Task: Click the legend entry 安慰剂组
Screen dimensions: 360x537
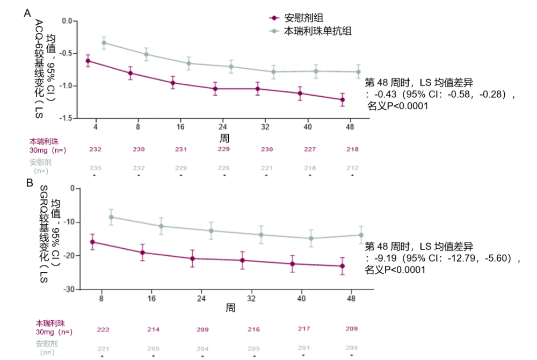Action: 304,18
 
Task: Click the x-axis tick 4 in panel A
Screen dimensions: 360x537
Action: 96,127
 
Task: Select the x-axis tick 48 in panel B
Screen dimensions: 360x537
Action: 352,298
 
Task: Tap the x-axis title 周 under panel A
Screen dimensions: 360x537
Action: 224,138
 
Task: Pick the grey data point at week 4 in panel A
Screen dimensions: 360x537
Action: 104,42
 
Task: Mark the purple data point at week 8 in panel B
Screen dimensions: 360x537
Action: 92,242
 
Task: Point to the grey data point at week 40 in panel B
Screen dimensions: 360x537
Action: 311,239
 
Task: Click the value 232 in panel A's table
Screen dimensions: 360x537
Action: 96,149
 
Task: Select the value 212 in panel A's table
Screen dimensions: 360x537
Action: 352,168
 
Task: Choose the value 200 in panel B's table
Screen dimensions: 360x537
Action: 352,349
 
